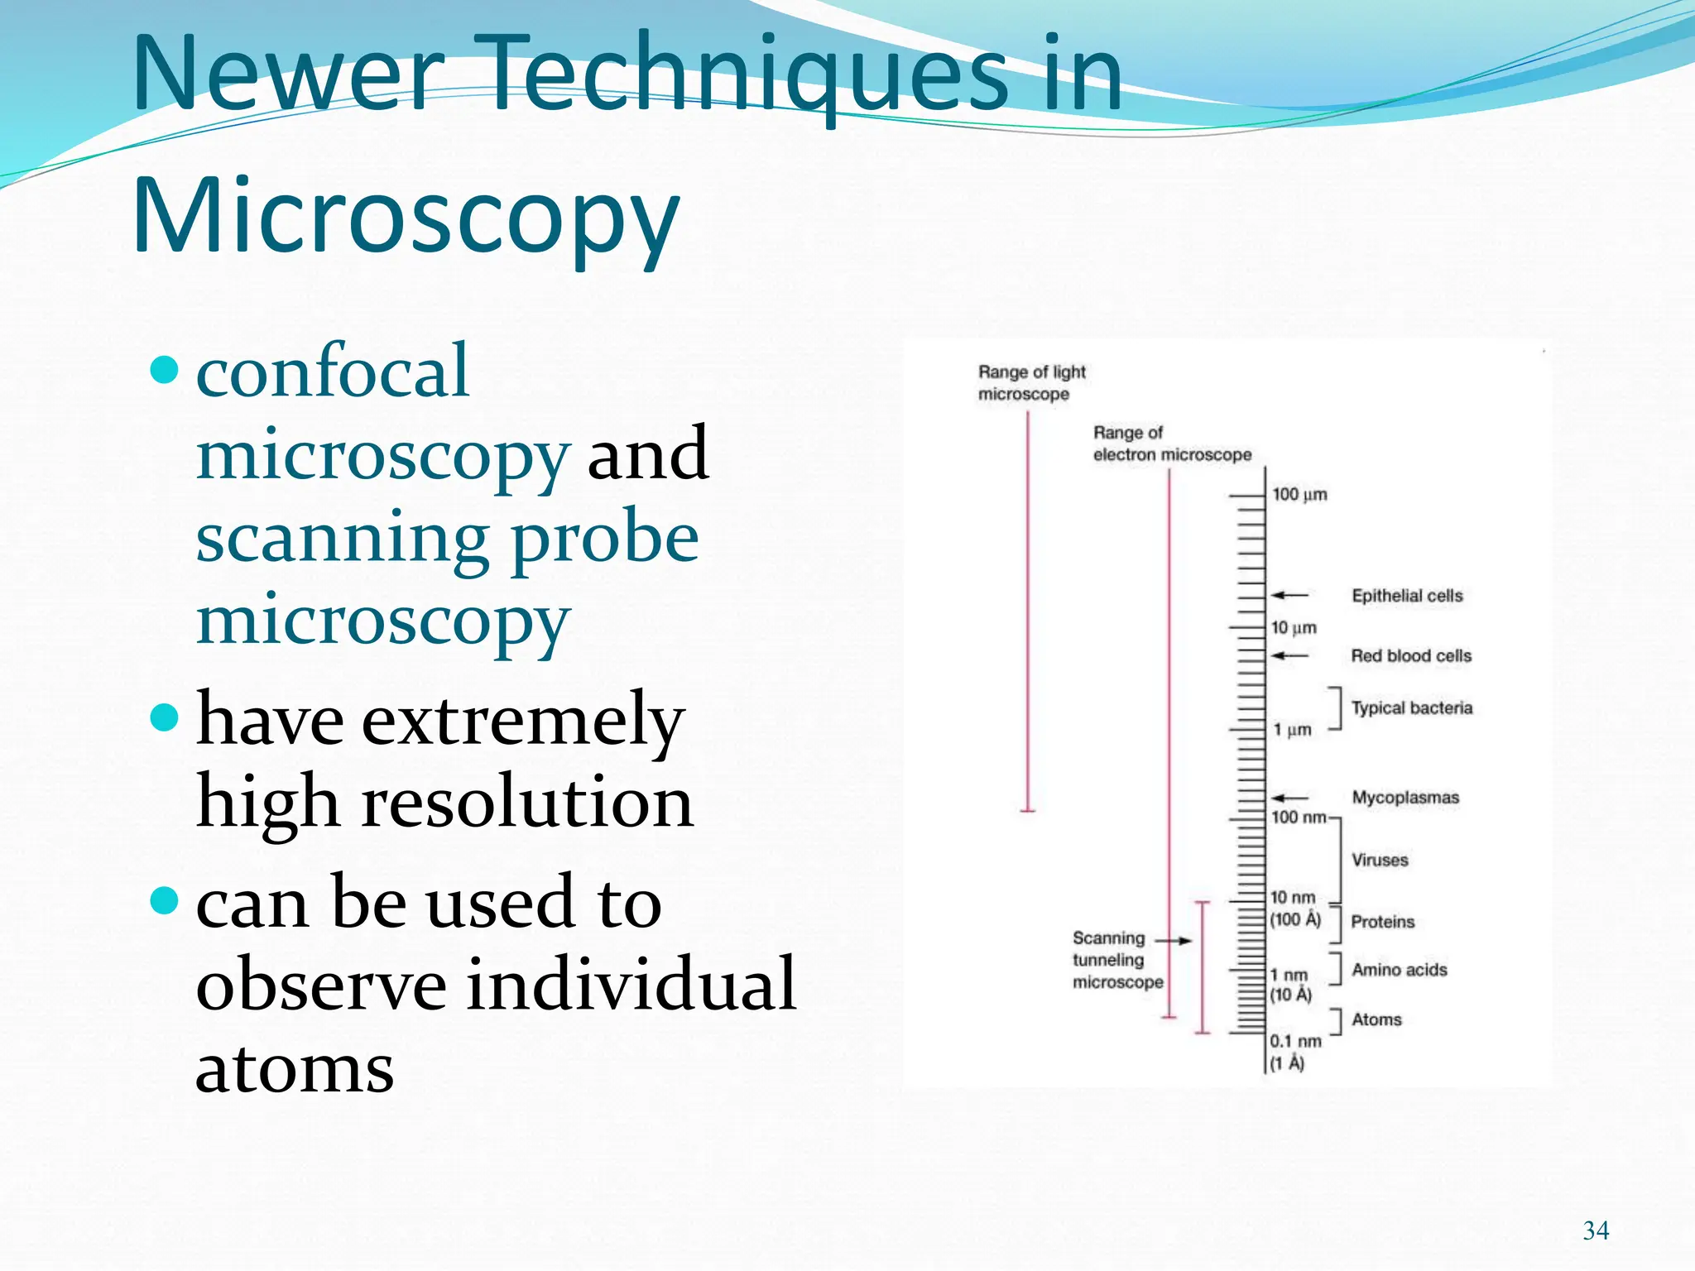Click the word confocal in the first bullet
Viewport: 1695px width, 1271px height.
coord(333,372)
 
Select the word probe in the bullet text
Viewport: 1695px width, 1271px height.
coord(605,538)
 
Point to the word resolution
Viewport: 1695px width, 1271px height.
coord(527,802)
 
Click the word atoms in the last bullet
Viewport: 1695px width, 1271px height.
coord(295,1068)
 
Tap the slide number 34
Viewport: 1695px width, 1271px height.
coord(1596,1230)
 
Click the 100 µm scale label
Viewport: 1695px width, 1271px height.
coord(1299,495)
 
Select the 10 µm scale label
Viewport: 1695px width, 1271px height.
coord(1294,628)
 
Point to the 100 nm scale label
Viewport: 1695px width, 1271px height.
coord(1299,818)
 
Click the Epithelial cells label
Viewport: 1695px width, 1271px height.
coord(1407,596)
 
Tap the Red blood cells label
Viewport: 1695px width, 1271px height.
coord(1411,656)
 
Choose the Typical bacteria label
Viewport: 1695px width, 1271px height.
coord(1412,708)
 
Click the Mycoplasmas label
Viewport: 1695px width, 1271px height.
coord(1405,798)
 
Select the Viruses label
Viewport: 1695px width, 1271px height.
coord(1380,861)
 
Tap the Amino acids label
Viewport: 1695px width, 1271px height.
coord(1400,970)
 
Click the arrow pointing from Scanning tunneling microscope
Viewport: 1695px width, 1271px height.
coord(1174,941)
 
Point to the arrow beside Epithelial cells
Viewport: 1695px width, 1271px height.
coord(1289,595)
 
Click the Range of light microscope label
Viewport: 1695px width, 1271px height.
coord(1031,383)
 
